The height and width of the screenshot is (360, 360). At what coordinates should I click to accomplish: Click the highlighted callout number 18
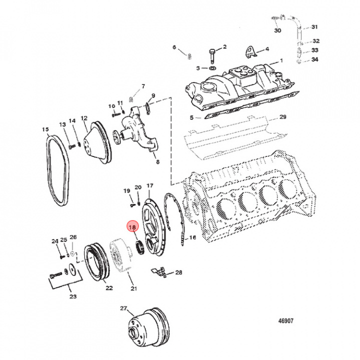click(x=132, y=228)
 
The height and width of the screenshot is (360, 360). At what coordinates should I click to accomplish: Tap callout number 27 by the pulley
click(x=123, y=308)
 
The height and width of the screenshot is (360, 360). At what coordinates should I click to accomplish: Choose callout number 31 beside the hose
click(x=314, y=26)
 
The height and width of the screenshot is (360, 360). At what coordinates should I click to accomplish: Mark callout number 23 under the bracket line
click(x=73, y=296)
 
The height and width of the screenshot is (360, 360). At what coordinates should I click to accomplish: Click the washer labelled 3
click(x=212, y=68)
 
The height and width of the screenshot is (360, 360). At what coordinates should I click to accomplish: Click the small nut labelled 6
click(x=190, y=55)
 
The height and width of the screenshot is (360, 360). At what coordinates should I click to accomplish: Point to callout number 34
click(x=314, y=60)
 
